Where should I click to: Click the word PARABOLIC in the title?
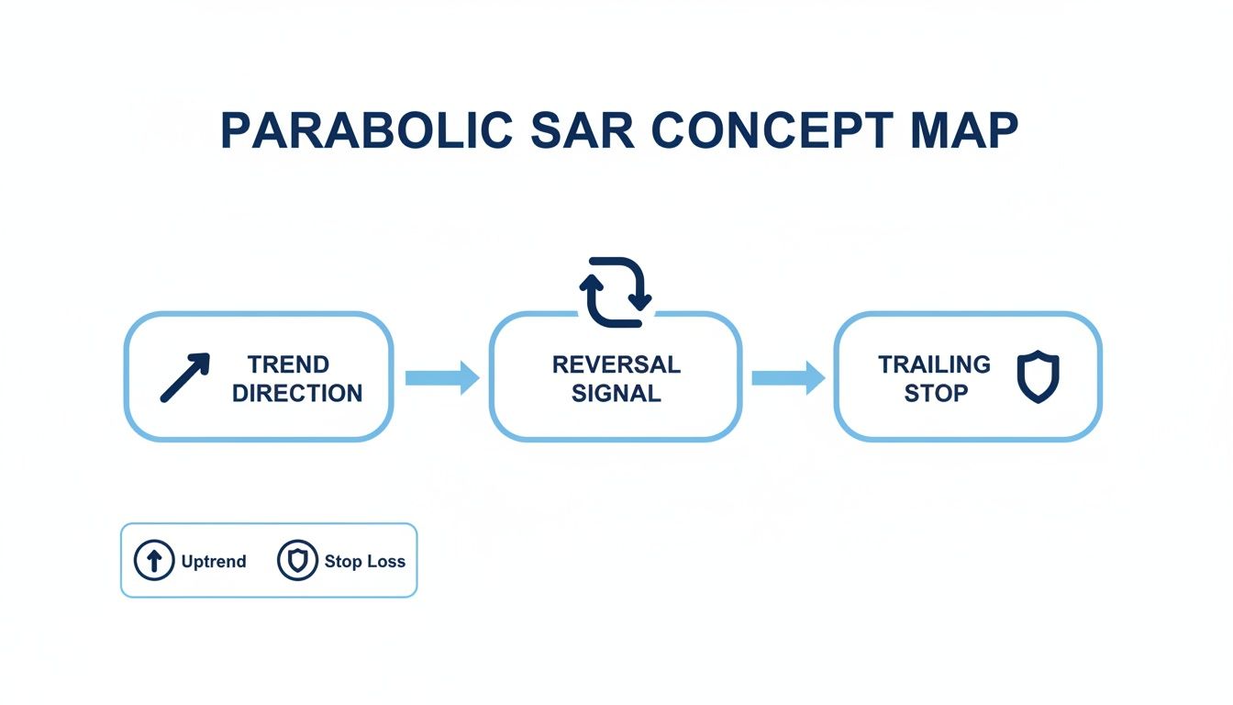(x=367, y=130)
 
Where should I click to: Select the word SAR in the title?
(x=583, y=130)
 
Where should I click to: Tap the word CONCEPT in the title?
(x=772, y=130)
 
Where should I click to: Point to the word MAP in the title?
(x=964, y=130)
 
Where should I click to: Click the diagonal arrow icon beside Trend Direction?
(x=185, y=378)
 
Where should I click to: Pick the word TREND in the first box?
(x=288, y=364)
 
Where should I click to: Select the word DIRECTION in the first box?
(x=297, y=393)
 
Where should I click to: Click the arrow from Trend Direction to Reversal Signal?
(x=442, y=378)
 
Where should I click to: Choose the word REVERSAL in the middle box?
(x=616, y=364)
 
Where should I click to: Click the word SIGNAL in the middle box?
(x=616, y=393)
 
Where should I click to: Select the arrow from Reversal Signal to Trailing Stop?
(x=789, y=378)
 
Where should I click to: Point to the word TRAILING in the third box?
(x=935, y=364)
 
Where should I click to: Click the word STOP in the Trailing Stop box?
(x=936, y=393)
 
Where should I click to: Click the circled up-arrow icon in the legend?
(x=154, y=560)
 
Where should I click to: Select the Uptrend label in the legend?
(x=214, y=561)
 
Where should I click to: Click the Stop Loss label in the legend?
(x=365, y=561)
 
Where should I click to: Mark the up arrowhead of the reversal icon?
(x=591, y=283)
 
